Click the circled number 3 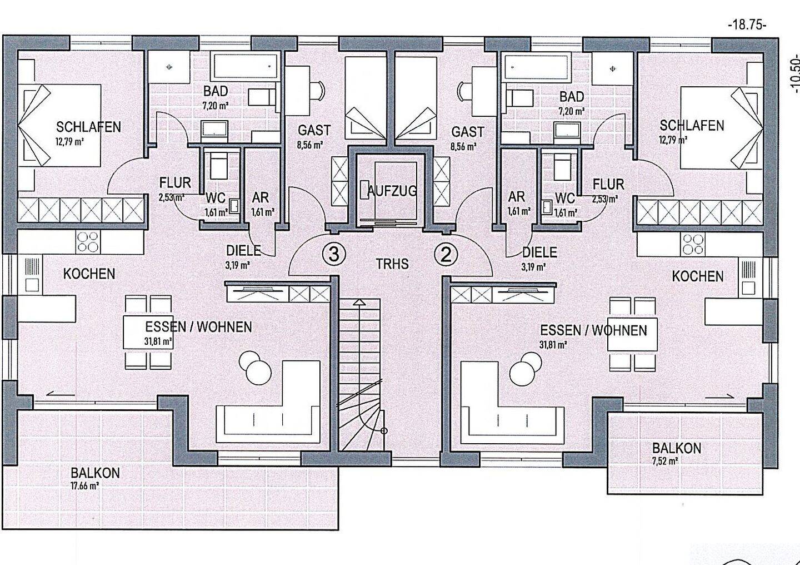334,255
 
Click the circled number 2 446,255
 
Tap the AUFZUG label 392,191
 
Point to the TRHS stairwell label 392,264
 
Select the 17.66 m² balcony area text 85,486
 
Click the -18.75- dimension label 747,26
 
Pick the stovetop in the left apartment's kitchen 88,242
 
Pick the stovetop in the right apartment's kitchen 693,244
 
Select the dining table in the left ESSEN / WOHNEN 148,333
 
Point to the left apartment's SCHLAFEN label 88,127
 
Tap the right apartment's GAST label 468,132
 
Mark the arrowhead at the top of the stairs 359,303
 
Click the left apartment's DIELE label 243,251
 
